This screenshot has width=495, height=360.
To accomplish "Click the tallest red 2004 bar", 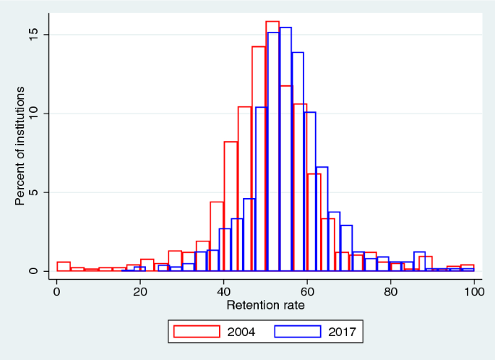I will coord(272,145).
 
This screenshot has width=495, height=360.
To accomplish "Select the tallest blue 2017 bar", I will coord(285,148).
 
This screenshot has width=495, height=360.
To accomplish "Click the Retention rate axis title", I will coord(265,305).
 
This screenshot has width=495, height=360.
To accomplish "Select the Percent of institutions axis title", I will coord(22,145).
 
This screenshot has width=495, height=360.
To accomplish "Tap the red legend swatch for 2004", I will coord(196,332).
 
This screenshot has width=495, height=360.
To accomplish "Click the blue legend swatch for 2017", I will coord(298,332).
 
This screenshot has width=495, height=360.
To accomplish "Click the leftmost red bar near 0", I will coord(64,266).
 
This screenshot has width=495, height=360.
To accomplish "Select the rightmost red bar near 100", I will coord(468,267).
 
